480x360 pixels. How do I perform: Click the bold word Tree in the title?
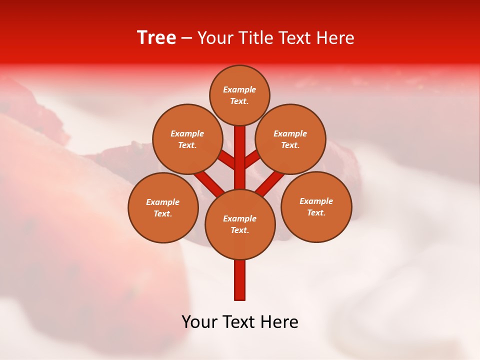click(x=156, y=38)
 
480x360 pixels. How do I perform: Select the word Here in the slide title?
click(x=336, y=38)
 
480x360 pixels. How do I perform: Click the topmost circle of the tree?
click(x=239, y=95)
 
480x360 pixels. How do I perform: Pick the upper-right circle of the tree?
click(x=290, y=139)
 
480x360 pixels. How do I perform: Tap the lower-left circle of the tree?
click(x=163, y=207)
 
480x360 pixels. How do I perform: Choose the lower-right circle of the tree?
click(x=316, y=206)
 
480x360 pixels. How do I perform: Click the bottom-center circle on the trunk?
click(x=240, y=224)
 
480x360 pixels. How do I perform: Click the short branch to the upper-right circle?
click(x=252, y=159)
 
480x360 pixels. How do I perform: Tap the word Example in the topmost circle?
click(x=239, y=89)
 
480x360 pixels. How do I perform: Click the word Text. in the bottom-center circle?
click(x=239, y=230)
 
